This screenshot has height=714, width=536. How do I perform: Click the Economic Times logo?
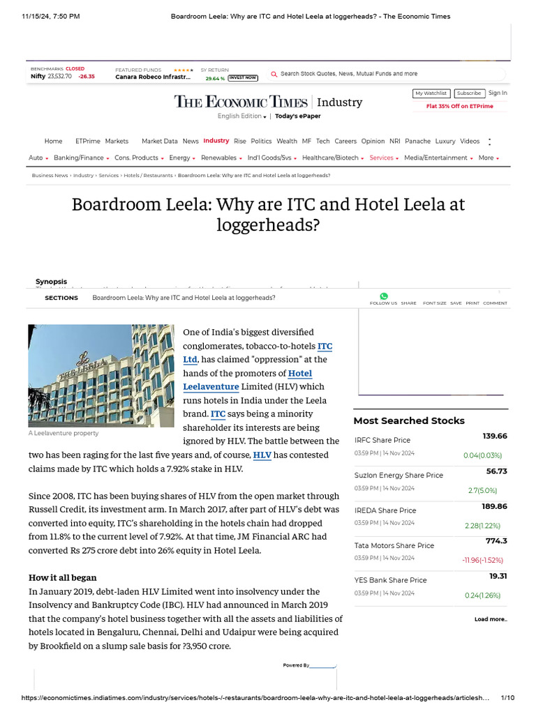[241, 102]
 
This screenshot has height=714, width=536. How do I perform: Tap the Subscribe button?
[469, 93]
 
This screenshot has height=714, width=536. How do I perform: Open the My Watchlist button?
[431, 93]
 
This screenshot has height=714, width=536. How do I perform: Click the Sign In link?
[498, 93]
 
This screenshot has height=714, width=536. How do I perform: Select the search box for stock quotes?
[349, 73]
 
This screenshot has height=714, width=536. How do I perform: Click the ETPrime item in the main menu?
[87, 141]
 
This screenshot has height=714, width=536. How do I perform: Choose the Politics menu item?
[261, 141]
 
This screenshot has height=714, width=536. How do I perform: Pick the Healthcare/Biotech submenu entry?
[332, 158]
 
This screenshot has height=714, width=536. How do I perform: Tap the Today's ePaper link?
[298, 116]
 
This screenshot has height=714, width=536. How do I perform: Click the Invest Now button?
[243, 78]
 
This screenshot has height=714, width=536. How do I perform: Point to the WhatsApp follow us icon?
[383, 296]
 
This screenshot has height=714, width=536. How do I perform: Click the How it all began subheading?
[62, 577]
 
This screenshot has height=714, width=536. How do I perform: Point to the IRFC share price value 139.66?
[494, 436]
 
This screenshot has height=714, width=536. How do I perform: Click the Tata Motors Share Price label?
[394, 545]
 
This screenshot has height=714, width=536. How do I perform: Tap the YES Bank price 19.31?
[498, 576]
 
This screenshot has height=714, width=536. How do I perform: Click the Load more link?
[491, 619]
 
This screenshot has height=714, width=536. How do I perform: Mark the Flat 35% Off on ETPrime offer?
[459, 107]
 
